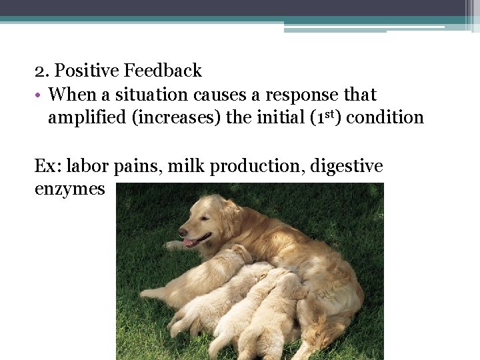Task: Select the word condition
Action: click(385, 117)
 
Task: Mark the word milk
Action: click(186, 166)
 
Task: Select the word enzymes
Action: click(69, 189)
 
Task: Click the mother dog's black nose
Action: click(182, 231)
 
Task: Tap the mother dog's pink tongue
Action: click(191, 243)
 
